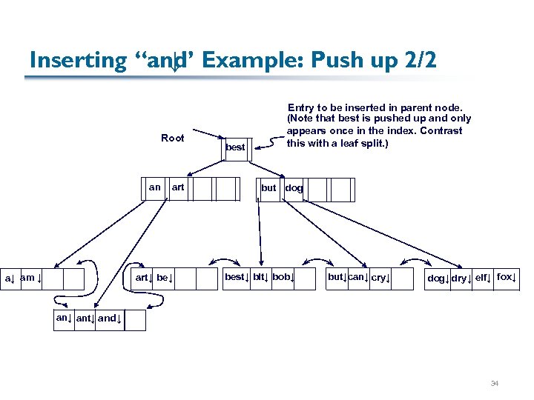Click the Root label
click(172, 138)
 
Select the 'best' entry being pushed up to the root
click(235, 147)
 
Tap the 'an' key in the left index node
click(154, 187)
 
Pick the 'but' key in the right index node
click(268, 188)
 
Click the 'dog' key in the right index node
click(294, 188)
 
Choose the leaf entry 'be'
click(165, 278)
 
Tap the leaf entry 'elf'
click(483, 278)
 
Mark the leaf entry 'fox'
click(506, 277)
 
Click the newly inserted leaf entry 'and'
click(110, 319)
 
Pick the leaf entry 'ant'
click(85, 319)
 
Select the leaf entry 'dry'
click(461, 279)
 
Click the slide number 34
click(495, 384)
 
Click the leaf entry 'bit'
click(260, 277)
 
